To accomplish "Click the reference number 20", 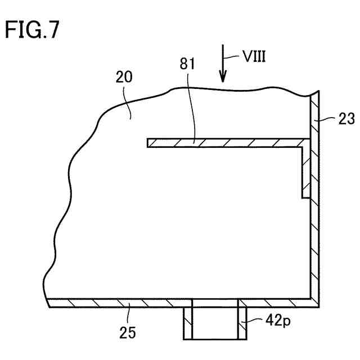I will pos(124,78).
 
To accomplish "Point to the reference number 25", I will pos(128,332).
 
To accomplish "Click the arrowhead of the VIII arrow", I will pos(223,78).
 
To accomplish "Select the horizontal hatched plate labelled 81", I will pos(225,143).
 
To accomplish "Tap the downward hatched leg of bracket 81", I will pos(306,172).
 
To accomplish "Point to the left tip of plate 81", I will pos(149,143).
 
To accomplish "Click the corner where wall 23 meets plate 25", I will pos(315,303).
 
